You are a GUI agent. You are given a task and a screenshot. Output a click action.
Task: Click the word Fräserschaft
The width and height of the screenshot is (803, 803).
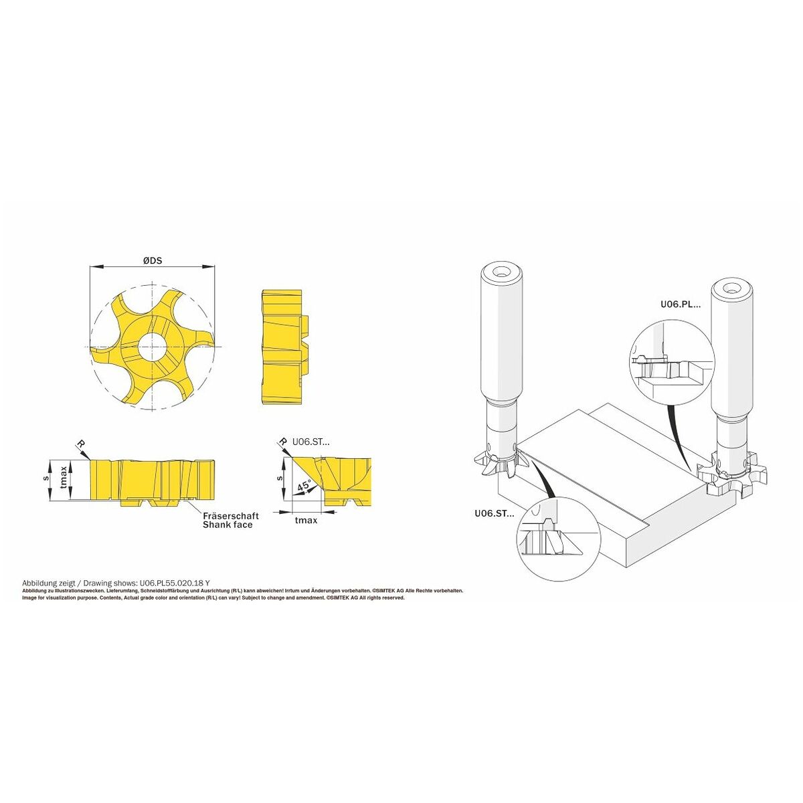(x=231, y=516)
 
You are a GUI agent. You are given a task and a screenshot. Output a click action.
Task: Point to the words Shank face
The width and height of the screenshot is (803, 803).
(x=228, y=525)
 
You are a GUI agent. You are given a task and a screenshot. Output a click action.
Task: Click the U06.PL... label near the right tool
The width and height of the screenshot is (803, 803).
(x=681, y=304)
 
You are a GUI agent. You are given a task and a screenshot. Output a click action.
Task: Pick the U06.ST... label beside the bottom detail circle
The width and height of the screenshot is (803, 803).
(x=495, y=514)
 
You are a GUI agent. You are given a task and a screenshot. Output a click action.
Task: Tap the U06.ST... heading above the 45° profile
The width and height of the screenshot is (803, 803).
(x=311, y=442)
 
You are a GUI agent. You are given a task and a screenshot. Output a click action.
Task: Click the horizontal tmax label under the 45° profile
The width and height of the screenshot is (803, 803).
(x=306, y=521)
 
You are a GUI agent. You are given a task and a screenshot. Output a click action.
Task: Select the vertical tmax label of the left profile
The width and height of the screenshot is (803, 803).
(x=64, y=479)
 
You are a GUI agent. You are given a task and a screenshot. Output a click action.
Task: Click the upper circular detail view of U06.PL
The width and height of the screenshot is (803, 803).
(x=672, y=363)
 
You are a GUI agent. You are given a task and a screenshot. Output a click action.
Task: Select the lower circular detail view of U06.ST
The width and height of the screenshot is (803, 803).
(x=558, y=538)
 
